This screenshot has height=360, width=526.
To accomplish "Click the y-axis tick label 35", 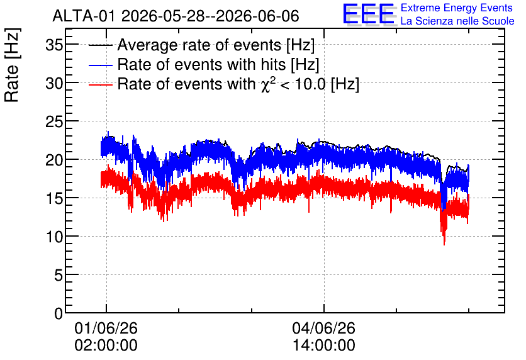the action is tap(54, 45).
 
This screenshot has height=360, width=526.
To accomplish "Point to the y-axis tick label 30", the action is tap(54, 83).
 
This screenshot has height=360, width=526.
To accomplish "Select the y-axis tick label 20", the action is tap(54, 160).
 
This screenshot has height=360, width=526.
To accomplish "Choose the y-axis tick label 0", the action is tap(59, 314).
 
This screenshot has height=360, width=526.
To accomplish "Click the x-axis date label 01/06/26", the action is tap(106, 328).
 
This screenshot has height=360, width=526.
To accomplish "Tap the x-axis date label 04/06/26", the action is tap(324, 328).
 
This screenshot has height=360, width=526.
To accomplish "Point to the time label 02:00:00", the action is tap(106, 346).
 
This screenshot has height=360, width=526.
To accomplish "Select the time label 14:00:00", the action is tap(324, 346).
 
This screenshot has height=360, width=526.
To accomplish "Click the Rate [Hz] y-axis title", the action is tap(12, 65).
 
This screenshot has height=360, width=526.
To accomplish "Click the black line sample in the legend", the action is tap(100, 45).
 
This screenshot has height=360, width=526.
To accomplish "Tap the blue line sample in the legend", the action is tap(100, 65).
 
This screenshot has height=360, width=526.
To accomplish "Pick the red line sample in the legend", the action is tap(100, 84).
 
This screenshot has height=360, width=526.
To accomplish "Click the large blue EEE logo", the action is tap(369, 14).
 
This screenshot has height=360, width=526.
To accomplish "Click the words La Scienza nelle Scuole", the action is tap(457, 21).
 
